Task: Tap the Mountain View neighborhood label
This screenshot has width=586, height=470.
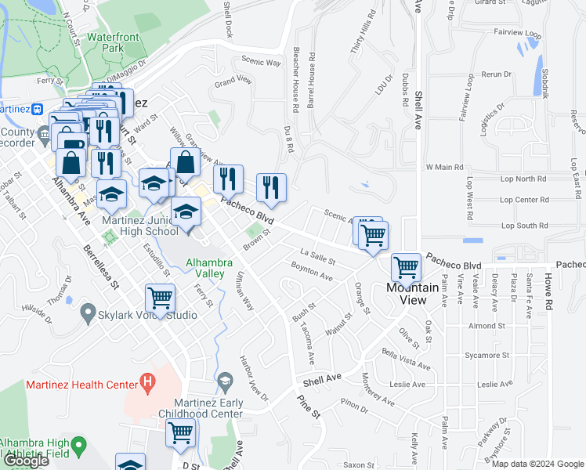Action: coord(407,294)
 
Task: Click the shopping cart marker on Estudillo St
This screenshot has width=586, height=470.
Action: coord(160,298)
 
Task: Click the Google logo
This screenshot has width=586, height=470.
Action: coord(25,461)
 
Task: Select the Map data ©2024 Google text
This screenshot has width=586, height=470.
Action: coord(537,464)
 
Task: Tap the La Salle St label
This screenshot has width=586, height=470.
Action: coord(318,257)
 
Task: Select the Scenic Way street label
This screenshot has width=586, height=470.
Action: coord(261,61)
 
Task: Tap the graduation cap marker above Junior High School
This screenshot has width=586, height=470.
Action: coord(186,211)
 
